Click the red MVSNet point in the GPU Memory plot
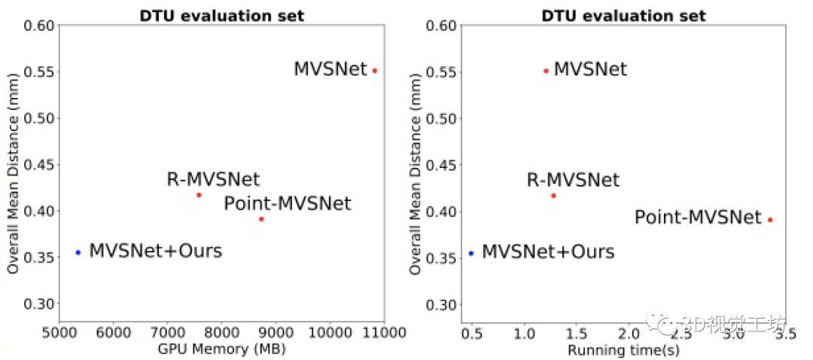pyautogui.click(x=374, y=71)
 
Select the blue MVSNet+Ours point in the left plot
pyautogui.click(x=78, y=252)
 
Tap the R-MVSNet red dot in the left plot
pyautogui.click(x=199, y=195)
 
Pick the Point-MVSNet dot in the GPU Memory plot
pyautogui.click(x=261, y=219)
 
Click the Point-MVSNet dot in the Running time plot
pyautogui.click(x=770, y=220)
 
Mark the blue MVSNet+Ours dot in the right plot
pyautogui.click(x=471, y=253)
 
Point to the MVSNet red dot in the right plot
pyautogui.click(x=546, y=71)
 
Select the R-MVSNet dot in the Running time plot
pyautogui.click(x=553, y=196)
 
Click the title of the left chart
pyautogui.click(x=221, y=16)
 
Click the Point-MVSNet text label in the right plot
pyautogui.click(x=698, y=218)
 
